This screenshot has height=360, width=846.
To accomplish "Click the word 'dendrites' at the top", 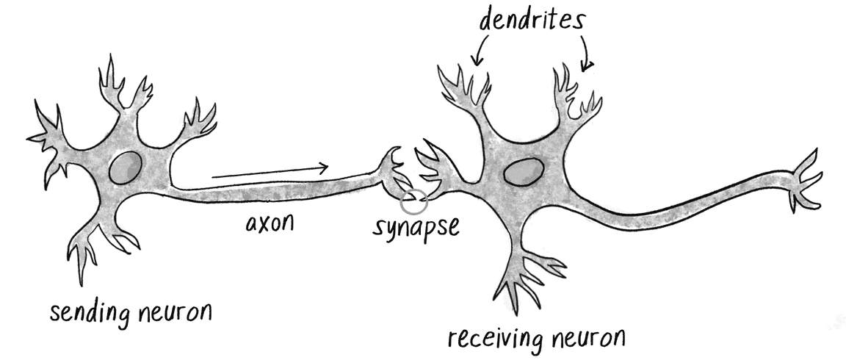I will click(x=533, y=20).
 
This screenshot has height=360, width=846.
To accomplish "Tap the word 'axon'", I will click(x=270, y=221).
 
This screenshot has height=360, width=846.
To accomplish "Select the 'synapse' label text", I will click(x=416, y=225).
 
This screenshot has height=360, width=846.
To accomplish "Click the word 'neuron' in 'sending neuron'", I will click(x=175, y=314).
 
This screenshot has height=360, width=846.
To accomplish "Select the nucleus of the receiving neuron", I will click(x=523, y=173).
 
